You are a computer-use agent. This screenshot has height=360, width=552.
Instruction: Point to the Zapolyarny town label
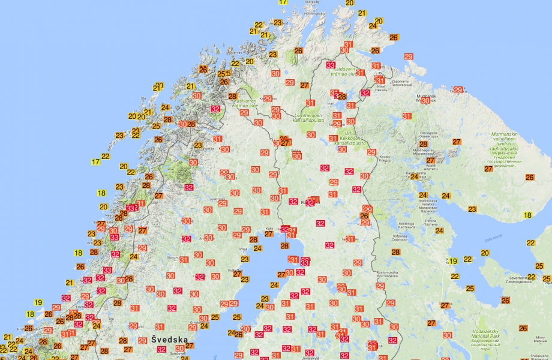coord(403,82)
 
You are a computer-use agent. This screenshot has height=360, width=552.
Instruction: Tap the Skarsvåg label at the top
coord(313,2)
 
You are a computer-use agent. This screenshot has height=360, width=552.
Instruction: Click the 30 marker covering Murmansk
coord(425,101)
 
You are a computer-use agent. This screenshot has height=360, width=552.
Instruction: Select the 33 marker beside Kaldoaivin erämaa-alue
coord(331,65)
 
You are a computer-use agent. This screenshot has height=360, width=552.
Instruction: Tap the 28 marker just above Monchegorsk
coord(424,144)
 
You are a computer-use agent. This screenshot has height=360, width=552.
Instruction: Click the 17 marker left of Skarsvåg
coord(283,2)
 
